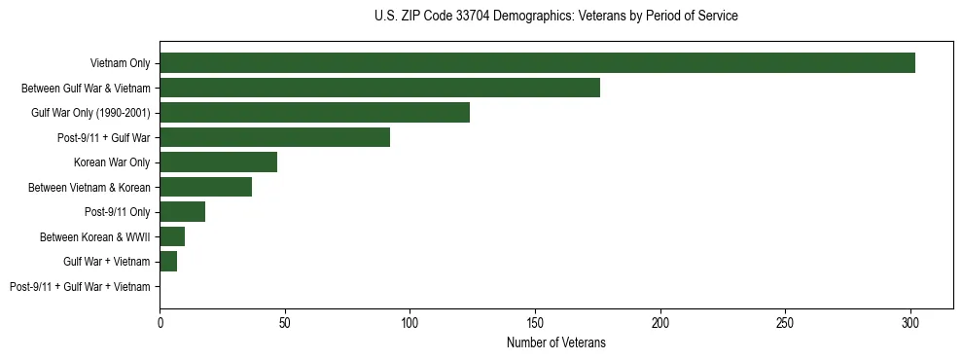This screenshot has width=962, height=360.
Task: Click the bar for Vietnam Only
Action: click(x=537, y=63)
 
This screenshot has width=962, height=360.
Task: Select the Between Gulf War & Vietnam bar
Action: click(x=379, y=88)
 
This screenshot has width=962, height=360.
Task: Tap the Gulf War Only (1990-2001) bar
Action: click(x=314, y=113)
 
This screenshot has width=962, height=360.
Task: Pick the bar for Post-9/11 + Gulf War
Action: click(x=274, y=137)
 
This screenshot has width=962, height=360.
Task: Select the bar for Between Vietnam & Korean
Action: click(x=205, y=187)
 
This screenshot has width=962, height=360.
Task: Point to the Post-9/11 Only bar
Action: click(x=182, y=212)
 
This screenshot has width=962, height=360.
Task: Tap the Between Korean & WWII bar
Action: click(x=172, y=236)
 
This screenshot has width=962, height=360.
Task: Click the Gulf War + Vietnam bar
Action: click(x=168, y=262)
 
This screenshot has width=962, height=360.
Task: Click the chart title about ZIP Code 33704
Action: click(x=555, y=17)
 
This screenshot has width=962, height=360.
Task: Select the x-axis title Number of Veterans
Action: click(x=555, y=342)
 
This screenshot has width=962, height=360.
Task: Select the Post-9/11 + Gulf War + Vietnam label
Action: click(x=80, y=287)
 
